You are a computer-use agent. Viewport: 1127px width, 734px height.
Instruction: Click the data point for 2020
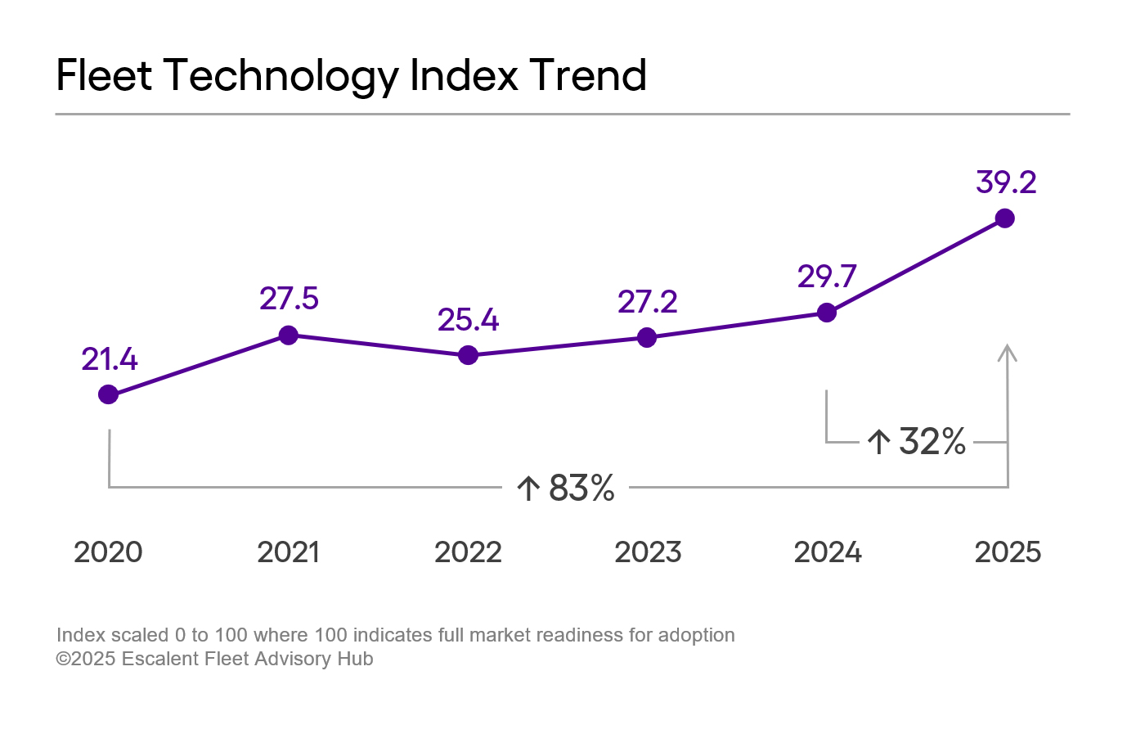[108, 394]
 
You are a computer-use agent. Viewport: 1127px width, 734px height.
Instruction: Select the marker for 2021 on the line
[288, 335]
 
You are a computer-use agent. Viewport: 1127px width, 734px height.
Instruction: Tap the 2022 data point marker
[468, 355]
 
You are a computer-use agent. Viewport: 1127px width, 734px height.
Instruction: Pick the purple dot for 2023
[647, 337]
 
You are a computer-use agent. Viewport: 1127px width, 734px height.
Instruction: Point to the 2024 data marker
[827, 313]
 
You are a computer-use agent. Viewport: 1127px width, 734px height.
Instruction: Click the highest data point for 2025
[1005, 218]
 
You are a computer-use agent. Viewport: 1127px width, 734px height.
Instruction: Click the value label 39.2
[1006, 182]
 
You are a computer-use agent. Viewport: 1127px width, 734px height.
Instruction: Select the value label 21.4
[110, 359]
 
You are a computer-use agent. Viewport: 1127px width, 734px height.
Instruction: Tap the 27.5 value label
[289, 299]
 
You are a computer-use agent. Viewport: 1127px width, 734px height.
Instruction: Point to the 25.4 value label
[468, 320]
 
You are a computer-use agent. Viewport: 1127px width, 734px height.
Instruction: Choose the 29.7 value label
[827, 277]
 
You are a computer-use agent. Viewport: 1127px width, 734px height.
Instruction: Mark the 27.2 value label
[647, 302]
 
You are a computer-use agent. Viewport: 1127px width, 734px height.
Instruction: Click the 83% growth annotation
[566, 489]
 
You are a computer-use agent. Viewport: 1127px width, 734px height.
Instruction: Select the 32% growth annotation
[917, 442]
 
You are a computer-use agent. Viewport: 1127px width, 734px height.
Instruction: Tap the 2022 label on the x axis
[468, 552]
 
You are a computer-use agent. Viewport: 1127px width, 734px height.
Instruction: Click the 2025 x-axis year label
[1008, 552]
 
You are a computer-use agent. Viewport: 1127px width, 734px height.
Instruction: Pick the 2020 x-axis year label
[108, 552]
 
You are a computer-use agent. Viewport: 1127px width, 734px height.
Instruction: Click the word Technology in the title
[281, 76]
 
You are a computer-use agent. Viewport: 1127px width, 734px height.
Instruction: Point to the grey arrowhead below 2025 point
[1008, 353]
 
